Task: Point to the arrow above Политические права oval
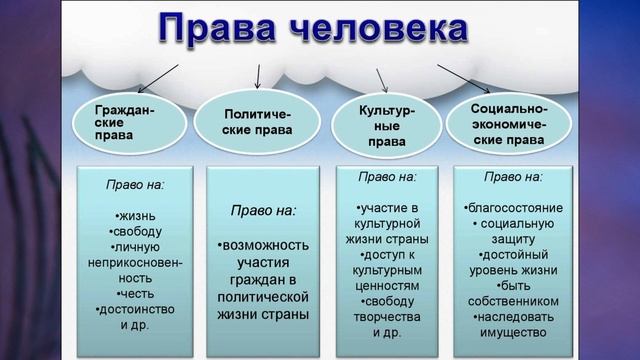[x=258, y=77]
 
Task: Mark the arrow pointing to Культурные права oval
[x=382, y=79]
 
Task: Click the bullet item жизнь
[x=129, y=215]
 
